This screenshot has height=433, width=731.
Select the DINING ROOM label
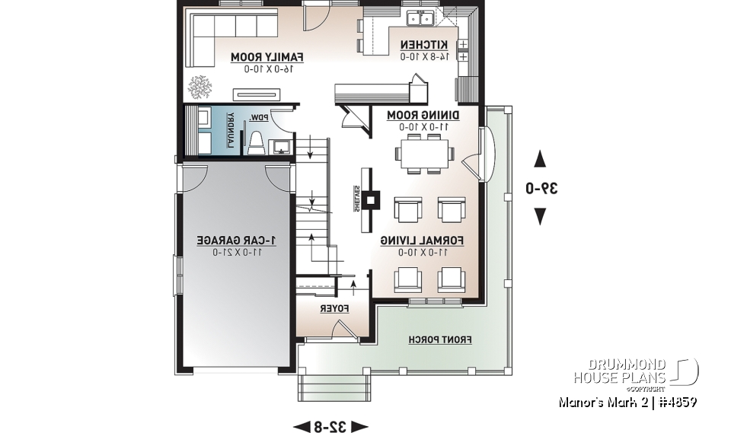(x=423, y=114)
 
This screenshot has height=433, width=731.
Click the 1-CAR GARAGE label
(x=236, y=240)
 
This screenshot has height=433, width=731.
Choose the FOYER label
(x=334, y=309)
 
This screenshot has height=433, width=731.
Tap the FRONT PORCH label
(x=440, y=339)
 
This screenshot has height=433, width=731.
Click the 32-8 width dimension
(x=330, y=425)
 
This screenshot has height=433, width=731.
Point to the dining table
(x=423, y=152)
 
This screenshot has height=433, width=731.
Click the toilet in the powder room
(x=257, y=142)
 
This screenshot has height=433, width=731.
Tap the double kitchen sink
(x=420, y=18)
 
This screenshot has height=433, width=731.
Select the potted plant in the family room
(x=201, y=86)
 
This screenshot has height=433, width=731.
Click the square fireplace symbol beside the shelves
(x=371, y=200)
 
